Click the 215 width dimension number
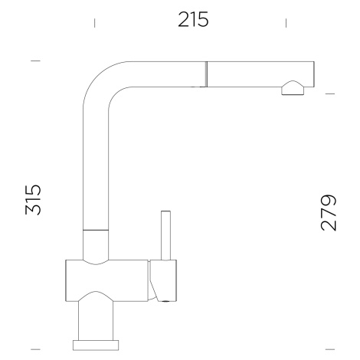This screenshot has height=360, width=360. coord(193,19)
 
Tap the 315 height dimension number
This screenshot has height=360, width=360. coord(33,199)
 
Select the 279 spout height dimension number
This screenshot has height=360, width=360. coord(329,213)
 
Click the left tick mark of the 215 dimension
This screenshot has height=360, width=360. coord(95,23)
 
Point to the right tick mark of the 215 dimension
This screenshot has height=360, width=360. coord(286,23)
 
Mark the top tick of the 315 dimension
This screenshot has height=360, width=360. coord(35,61)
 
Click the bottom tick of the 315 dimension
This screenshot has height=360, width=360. coord(35,349)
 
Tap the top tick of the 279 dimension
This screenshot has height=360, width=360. coord(330,93)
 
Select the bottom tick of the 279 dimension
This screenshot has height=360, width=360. coord(330,349)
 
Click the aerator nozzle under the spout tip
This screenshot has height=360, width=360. coord(293,89)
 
